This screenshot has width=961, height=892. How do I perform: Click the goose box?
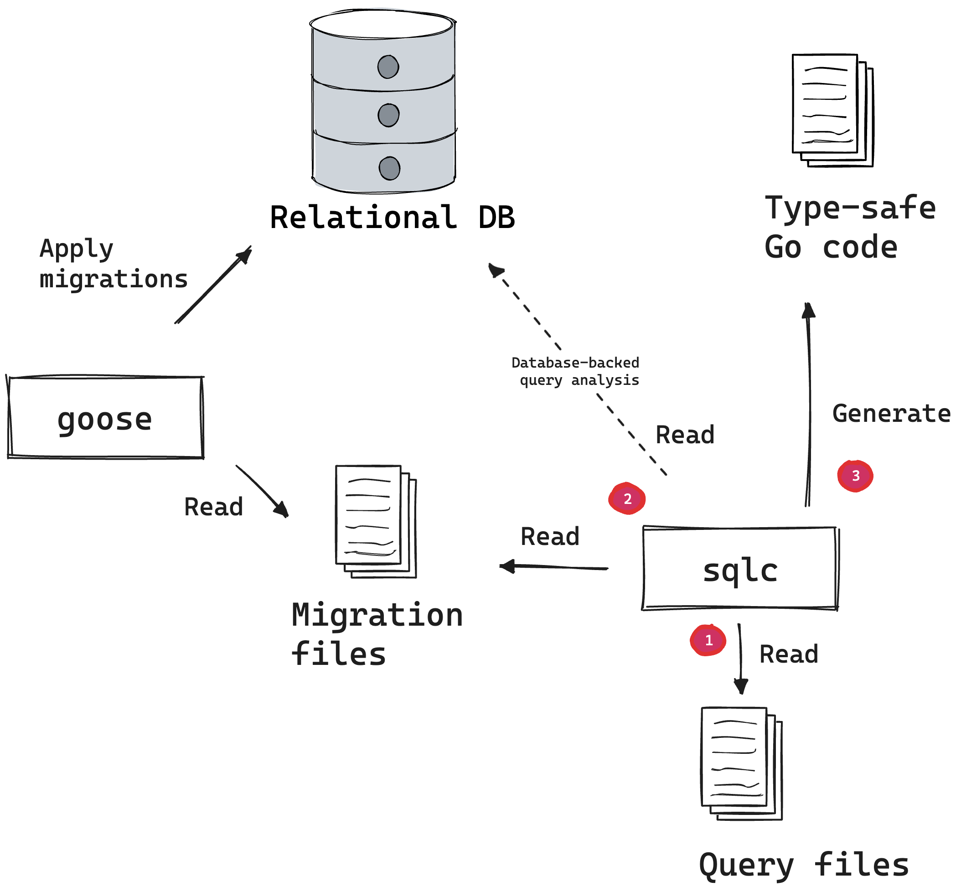tap(106, 418)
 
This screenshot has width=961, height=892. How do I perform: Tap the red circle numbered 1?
tap(708, 640)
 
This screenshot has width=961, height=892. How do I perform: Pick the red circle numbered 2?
tap(627, 498)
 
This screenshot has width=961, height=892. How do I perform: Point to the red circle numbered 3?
tap(855, 476)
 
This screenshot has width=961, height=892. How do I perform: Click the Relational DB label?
tap(392, 217)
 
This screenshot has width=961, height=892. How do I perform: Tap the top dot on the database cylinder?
tap(388, 67)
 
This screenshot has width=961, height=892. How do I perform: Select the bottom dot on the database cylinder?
tap(389, 168)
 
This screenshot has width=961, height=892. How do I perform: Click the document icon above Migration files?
tap(375, 521)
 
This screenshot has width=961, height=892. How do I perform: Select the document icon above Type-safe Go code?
tap(832, 110)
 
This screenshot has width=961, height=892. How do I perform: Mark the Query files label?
tap(803, 865)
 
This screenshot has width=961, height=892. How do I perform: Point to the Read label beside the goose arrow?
tap(213, 507)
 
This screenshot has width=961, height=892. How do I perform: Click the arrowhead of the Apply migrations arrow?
tap(245, 254)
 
